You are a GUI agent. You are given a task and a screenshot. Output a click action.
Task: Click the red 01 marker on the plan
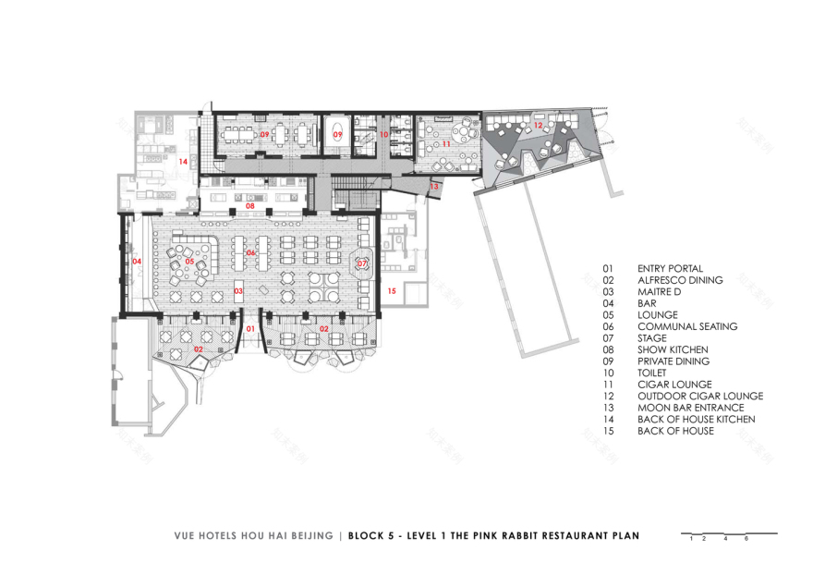tap(249, 327)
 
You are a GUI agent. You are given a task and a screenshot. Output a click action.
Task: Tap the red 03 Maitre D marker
tap(237, 291)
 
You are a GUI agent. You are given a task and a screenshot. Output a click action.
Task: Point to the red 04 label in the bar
tap(137, 262)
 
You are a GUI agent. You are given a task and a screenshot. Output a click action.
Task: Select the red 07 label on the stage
tap(362, 263)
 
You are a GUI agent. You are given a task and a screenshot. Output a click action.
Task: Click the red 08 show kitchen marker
tap(249, 205)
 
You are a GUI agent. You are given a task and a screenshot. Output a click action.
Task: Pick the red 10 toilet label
tap(383, 135)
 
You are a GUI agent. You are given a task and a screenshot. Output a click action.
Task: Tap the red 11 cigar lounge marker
tap(446, 144)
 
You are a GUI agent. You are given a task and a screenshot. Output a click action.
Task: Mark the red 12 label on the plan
tap(538, 125)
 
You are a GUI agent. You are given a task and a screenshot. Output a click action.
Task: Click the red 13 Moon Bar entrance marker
tap(434, 187)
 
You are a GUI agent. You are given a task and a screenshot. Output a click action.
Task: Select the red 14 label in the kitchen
tap(183, 162)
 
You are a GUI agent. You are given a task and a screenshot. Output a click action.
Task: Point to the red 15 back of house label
tap(392, 291)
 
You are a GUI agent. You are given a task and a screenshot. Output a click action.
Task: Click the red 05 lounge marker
tap(189, 262)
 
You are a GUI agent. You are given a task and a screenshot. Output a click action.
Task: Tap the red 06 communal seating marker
tap(250, 252)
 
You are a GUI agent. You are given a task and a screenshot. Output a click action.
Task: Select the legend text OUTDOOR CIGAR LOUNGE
tap(699, 396)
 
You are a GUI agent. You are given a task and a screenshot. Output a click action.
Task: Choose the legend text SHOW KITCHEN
tap(673, 349)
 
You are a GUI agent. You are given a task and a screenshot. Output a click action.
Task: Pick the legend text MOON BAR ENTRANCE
tap(690, 408)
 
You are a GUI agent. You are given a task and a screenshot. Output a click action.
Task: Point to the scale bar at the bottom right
tap(728, 534)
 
